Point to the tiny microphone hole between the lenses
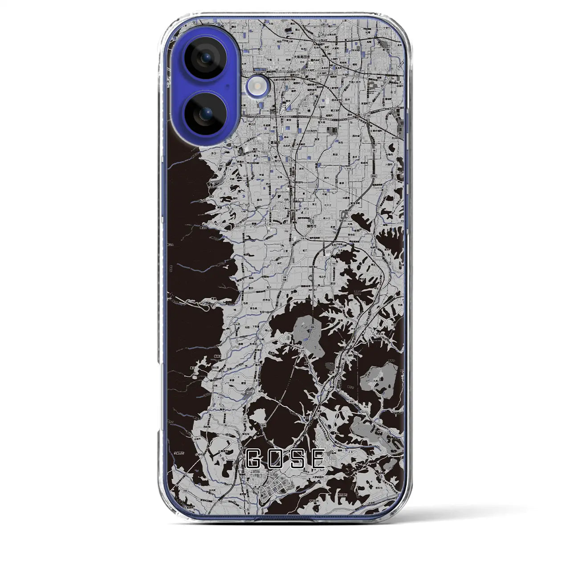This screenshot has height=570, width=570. pyautogui.click(x=227, y=86)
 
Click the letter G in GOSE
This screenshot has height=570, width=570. pyautogui.click(x=254, y=459)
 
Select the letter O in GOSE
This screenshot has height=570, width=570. pyautogui.click(x=275, y=459)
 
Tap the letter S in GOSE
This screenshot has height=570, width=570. pyautogui.click(x=297, y=459)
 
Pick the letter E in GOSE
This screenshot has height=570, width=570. pyautogui.click(x=318, y=459)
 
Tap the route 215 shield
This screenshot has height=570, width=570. pyautogui.click(x=302, y=351)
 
